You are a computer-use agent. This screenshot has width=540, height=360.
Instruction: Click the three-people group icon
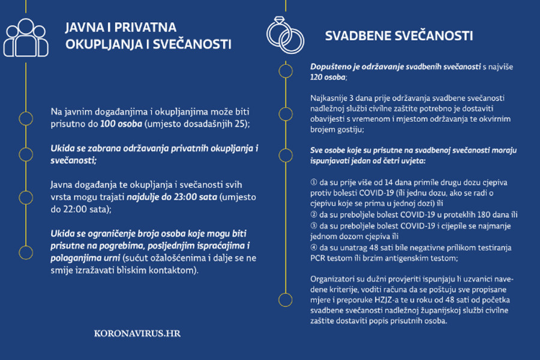click(25, 37)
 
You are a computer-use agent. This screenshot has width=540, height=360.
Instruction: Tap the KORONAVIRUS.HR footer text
click(137, 333)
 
